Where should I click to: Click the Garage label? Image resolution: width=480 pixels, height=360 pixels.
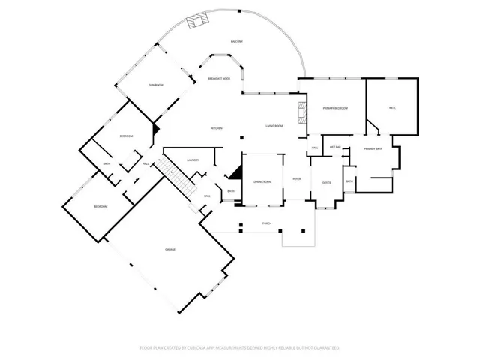pos(171,249)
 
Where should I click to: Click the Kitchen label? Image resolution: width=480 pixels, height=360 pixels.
pos(217,128)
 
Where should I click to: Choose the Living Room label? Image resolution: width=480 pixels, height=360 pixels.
pos(274,126)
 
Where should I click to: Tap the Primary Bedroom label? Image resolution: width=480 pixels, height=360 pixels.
pos(335,109)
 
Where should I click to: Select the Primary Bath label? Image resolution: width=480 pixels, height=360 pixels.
pos(373,149)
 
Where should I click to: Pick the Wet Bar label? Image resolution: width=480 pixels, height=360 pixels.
pos(334,147)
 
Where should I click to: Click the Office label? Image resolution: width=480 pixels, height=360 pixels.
pos(326,183)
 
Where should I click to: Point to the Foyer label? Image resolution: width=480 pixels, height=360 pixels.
pos(297,179)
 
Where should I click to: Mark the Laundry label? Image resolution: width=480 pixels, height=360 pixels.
pos(193,160)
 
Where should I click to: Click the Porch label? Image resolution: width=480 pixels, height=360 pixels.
pos(266,223)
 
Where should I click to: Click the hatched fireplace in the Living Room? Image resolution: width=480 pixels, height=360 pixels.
pos(303,112)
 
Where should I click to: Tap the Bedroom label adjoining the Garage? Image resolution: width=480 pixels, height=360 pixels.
pos(100,206)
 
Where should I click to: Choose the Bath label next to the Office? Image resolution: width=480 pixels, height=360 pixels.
pos(349,181)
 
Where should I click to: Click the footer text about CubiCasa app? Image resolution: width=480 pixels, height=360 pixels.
pos(240,348)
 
